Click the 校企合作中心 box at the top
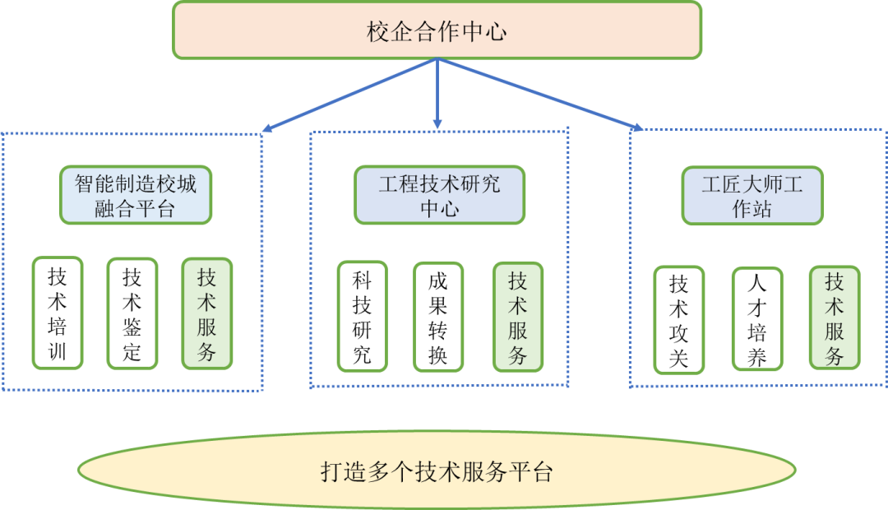tap(437, 30)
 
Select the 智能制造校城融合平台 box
tap(136, 195)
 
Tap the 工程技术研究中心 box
tap(439, 195)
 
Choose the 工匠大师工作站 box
tap(752, 196)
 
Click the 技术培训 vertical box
tap(58, 313)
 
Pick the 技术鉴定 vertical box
tap(132, 313)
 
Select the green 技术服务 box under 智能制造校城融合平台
tap(207, 313)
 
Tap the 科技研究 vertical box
tap(362, 317)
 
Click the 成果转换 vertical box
tap(437, 317)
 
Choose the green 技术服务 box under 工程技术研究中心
tap(518, 317)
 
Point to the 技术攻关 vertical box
tap(679, 320)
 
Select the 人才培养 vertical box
tap(756, 320)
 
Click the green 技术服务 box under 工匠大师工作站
tap(835, 318)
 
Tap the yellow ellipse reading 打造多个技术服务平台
tap(437, 471)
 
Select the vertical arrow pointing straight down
tap(437, 95)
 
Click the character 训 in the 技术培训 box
tap(58, 353)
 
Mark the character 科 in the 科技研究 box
tap(362, 280)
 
